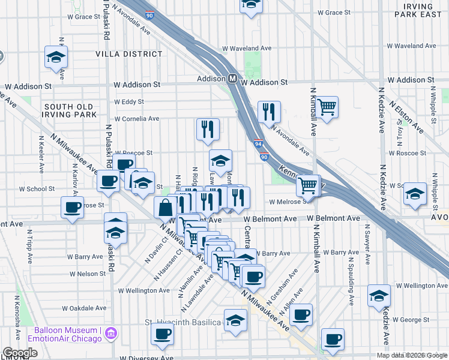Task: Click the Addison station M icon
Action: tap(233, 79)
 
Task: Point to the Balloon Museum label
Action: tap(66, 331)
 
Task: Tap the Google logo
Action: tap(20, 353)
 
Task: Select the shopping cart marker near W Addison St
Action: tap(327, 107)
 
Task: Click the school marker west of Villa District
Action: tap(56, 58)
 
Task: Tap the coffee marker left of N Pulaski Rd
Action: tap(72, 208)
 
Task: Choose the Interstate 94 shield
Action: tap(257, 144)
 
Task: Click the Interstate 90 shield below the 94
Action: tap(264, 157)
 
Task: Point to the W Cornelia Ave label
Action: tap(137, 119)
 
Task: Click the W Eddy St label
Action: tap(130, 102)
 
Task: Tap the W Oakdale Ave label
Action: tap(82, 308)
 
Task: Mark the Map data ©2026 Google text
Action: tap(411, 355)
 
